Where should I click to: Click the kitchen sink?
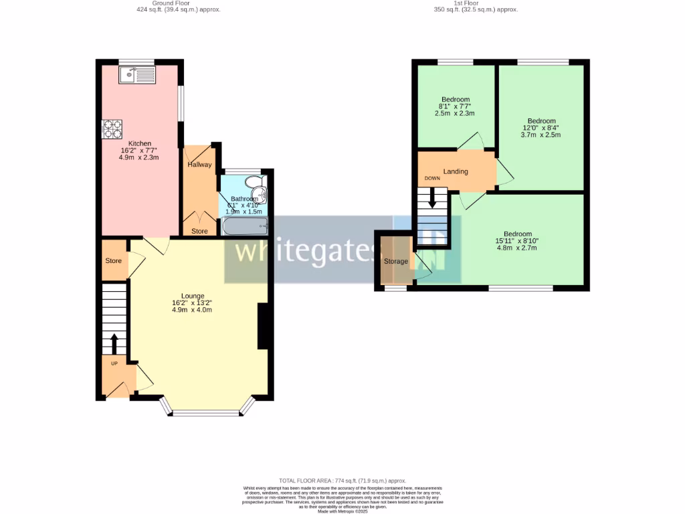(x=136, y=75)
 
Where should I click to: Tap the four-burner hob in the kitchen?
(x=112, y=128)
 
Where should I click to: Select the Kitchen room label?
(x=140, y=143)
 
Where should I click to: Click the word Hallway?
(x=199, y=165)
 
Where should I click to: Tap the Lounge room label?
(x=193, y=295)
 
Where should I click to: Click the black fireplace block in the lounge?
(x=264, y=326)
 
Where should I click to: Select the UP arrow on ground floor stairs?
(x=114, y=343)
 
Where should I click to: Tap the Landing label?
(x=456, y=171)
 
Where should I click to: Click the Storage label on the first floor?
(x=395, y=261)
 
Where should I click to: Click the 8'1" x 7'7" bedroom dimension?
(x=455, y=106)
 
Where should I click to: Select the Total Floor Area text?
(x=342, y=481)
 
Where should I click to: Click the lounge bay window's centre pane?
(x=206, y=413)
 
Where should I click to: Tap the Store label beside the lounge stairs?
(x=114, y=260)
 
